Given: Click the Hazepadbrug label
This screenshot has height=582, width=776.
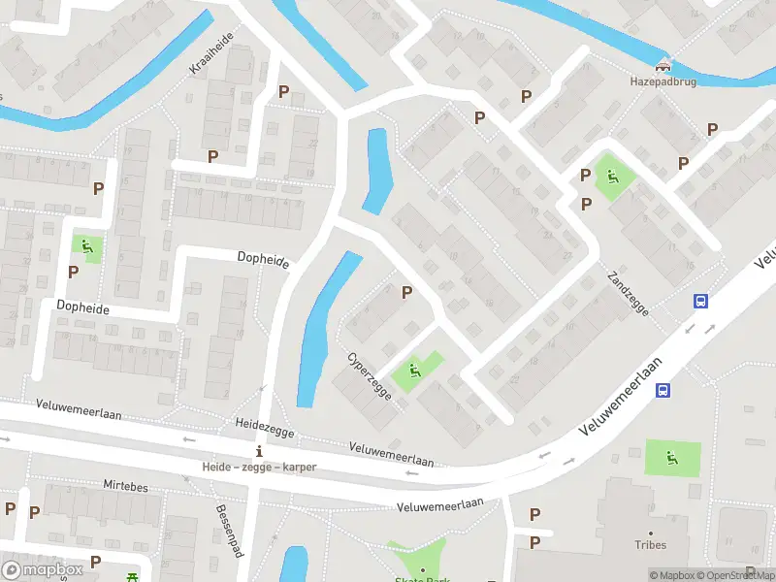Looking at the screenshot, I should tap(663, 82).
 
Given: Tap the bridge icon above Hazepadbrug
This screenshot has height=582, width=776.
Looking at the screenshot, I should tap(663, 66).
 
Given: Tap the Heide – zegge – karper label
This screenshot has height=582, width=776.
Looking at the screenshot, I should tap(259, 467).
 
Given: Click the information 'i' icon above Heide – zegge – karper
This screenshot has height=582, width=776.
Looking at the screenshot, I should tap(258, 452).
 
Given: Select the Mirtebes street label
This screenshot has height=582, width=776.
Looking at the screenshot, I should tap(125, 485).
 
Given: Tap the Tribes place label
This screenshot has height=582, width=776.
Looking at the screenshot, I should tap(650, 545).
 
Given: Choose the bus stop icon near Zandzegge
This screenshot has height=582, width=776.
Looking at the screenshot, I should tap(699, 302).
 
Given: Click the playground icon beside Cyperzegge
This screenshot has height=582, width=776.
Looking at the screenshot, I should tap(414, 369).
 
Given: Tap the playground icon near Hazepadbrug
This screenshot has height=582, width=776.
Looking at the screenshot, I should tap(612, 177).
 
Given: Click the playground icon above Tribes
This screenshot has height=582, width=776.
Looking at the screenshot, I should tap(671, 456).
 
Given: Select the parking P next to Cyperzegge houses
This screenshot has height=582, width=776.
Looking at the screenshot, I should tap(406, 292).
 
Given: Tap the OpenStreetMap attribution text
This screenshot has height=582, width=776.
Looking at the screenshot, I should tap(736, 574).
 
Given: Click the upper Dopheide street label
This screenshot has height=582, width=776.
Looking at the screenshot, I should tap(263, 257).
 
